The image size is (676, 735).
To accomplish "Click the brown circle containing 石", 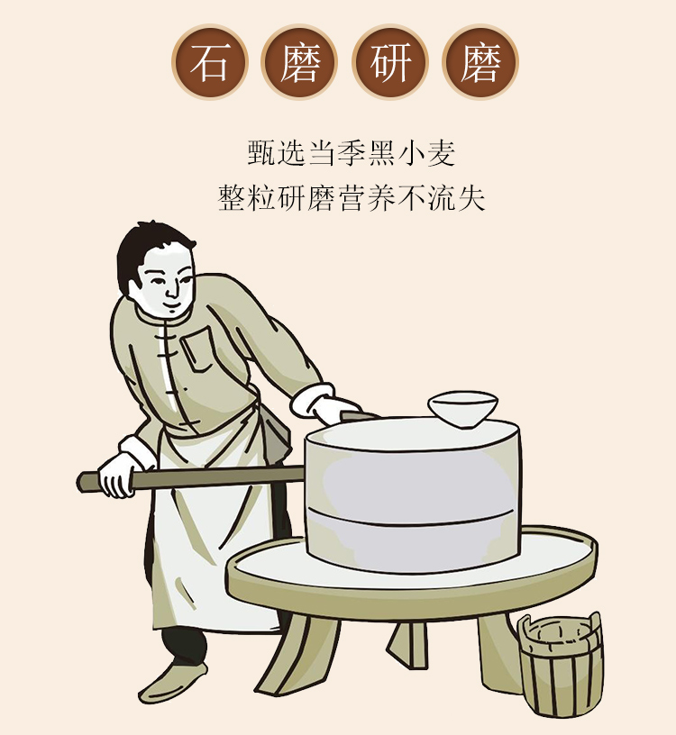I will coord(210,62).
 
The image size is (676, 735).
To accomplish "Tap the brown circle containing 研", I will coord(390,62).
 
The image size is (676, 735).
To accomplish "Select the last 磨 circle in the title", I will coord(480,62).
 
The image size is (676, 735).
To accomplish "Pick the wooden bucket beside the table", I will coord(559,662).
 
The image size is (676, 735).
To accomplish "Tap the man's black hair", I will coord(150,248).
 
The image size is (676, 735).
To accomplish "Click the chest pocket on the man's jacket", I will coord(201,348).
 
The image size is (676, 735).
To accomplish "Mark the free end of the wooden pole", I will coord(84,481).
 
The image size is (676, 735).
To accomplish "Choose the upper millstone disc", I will coord(412,468).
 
